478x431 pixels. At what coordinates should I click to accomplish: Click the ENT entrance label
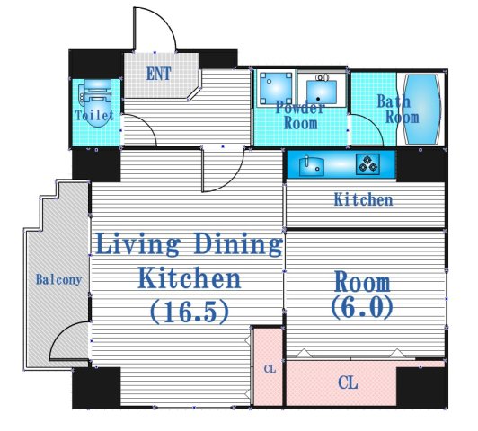click(x=158, y=74)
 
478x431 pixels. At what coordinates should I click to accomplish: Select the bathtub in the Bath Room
click(x=422, y=108)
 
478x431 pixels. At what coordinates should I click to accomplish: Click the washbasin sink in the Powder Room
click(x=322, y=91)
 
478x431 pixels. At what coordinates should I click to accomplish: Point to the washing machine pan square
click(x=276, y=88)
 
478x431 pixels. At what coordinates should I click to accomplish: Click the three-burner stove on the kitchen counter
click(x=368, y=164)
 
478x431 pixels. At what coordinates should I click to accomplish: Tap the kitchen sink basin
click(x=312, y=166)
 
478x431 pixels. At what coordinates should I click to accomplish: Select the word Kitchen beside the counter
click(x=363, y=200)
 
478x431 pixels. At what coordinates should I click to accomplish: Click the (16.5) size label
click(x=189, y=312)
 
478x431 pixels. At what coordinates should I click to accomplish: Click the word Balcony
click(x=58, y=279)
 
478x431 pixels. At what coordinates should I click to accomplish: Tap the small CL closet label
click(x=270, y=369)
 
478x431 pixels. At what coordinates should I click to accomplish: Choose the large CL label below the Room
click(x=348, y=383)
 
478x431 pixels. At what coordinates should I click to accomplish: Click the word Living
click(x=137, y=243)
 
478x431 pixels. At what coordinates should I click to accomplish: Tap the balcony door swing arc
click(x=61, y=332)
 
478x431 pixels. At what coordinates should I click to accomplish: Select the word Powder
click(x=300, y=108)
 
